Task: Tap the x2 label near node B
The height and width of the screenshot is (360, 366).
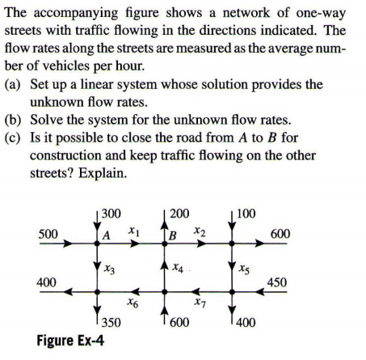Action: [x=204, y=232]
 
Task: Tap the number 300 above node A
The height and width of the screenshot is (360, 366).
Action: [x=111, y=214]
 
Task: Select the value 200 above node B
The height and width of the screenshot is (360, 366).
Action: [x=180, y=214]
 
